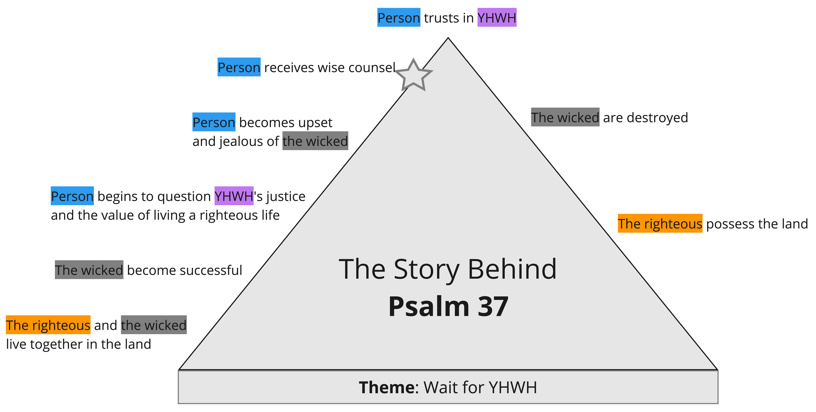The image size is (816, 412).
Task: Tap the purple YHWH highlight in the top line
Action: [x=497, y=17]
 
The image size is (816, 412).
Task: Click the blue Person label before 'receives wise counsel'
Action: [x=239, y=67]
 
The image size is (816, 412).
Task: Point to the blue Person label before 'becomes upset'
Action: [x=214, y=122]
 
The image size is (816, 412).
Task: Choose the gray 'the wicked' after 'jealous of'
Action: [x=315, y=141]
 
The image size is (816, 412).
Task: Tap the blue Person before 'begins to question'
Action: [x=72, y=196]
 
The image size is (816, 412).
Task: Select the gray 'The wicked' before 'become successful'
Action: [x=89, y=270]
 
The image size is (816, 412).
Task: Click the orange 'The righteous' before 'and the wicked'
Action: [x=48, y=325]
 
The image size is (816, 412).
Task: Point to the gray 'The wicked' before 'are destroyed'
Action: [x=565, y=117]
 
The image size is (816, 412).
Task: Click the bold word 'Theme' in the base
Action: [x=386, y=387]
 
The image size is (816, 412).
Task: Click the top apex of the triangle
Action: [x=448, y=38]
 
